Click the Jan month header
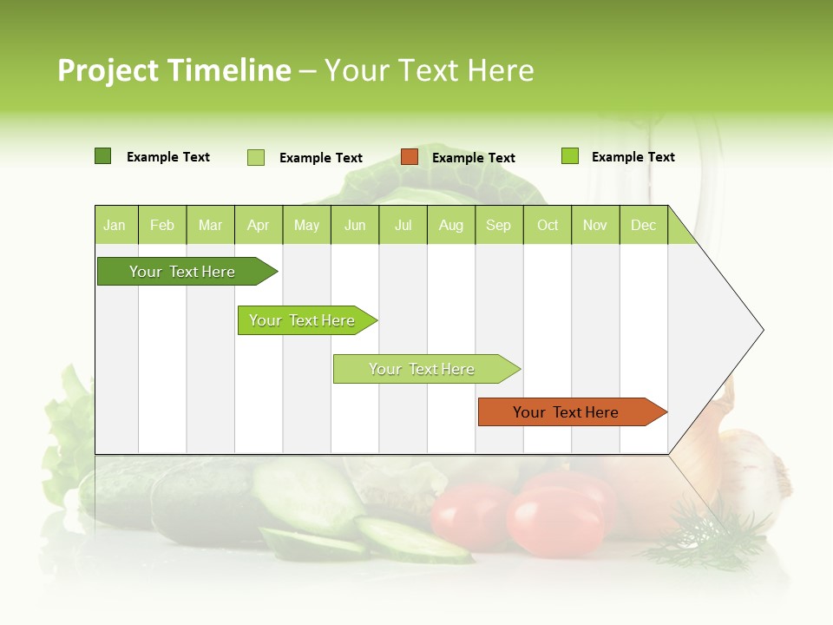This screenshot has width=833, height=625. (x=115, y=226)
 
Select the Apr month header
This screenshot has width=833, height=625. (x=258, y=226)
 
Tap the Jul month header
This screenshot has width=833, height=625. (x=403, y=226)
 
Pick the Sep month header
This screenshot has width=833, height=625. (x=498, y=226)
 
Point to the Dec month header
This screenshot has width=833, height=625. (x=643, y=226)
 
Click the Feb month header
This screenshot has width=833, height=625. (x=162, y=226)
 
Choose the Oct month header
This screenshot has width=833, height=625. (x=548, y=226)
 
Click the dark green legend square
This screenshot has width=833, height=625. (x=102, y=156)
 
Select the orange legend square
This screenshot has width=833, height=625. (x=410, y=157)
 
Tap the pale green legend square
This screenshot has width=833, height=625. (x=256, y=157)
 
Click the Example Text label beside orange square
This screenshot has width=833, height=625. (x=473, y=158)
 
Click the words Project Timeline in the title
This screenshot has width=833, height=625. (x=174, y=70)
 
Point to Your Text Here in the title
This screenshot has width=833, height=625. (x=429, y=70)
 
